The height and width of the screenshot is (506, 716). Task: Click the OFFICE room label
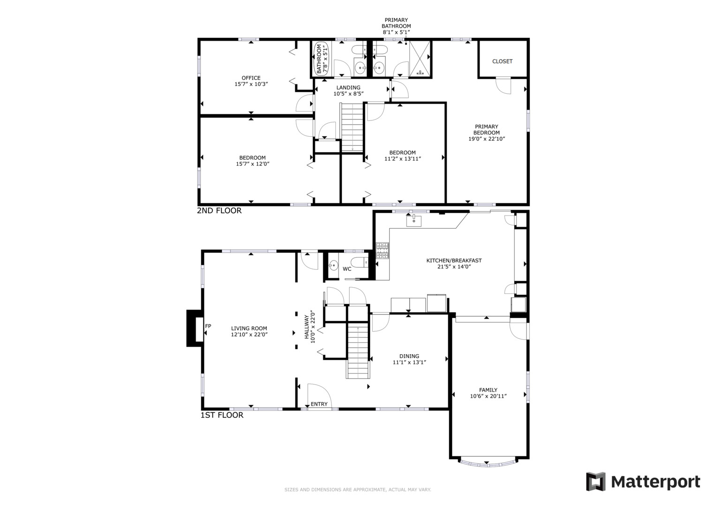[251, 78]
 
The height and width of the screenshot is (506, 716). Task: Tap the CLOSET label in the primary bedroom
[502, 61]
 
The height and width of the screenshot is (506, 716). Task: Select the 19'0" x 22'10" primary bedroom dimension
[487, 139]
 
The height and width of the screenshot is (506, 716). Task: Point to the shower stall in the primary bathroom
[420, 59]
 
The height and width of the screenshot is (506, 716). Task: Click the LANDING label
[348, 88]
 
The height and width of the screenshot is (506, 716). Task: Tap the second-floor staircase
[352, 127]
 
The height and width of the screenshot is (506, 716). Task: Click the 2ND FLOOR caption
[219, 211]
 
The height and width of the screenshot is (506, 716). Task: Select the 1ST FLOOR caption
[222, 415]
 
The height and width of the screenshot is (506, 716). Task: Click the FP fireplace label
[208, 326]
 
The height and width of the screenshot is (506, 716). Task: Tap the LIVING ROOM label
[249, 328]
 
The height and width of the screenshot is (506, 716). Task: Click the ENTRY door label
[319, 404]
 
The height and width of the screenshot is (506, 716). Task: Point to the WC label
[347, 269]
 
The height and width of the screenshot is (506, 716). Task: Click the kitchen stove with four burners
[383, 250]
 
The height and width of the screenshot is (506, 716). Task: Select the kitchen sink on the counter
[414, 220]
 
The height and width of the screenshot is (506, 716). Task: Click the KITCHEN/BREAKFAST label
[453, 260]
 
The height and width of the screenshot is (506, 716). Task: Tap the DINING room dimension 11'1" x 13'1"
[409, 362]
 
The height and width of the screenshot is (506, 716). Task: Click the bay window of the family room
[489, 463]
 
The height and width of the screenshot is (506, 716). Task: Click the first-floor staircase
[358, 351]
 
